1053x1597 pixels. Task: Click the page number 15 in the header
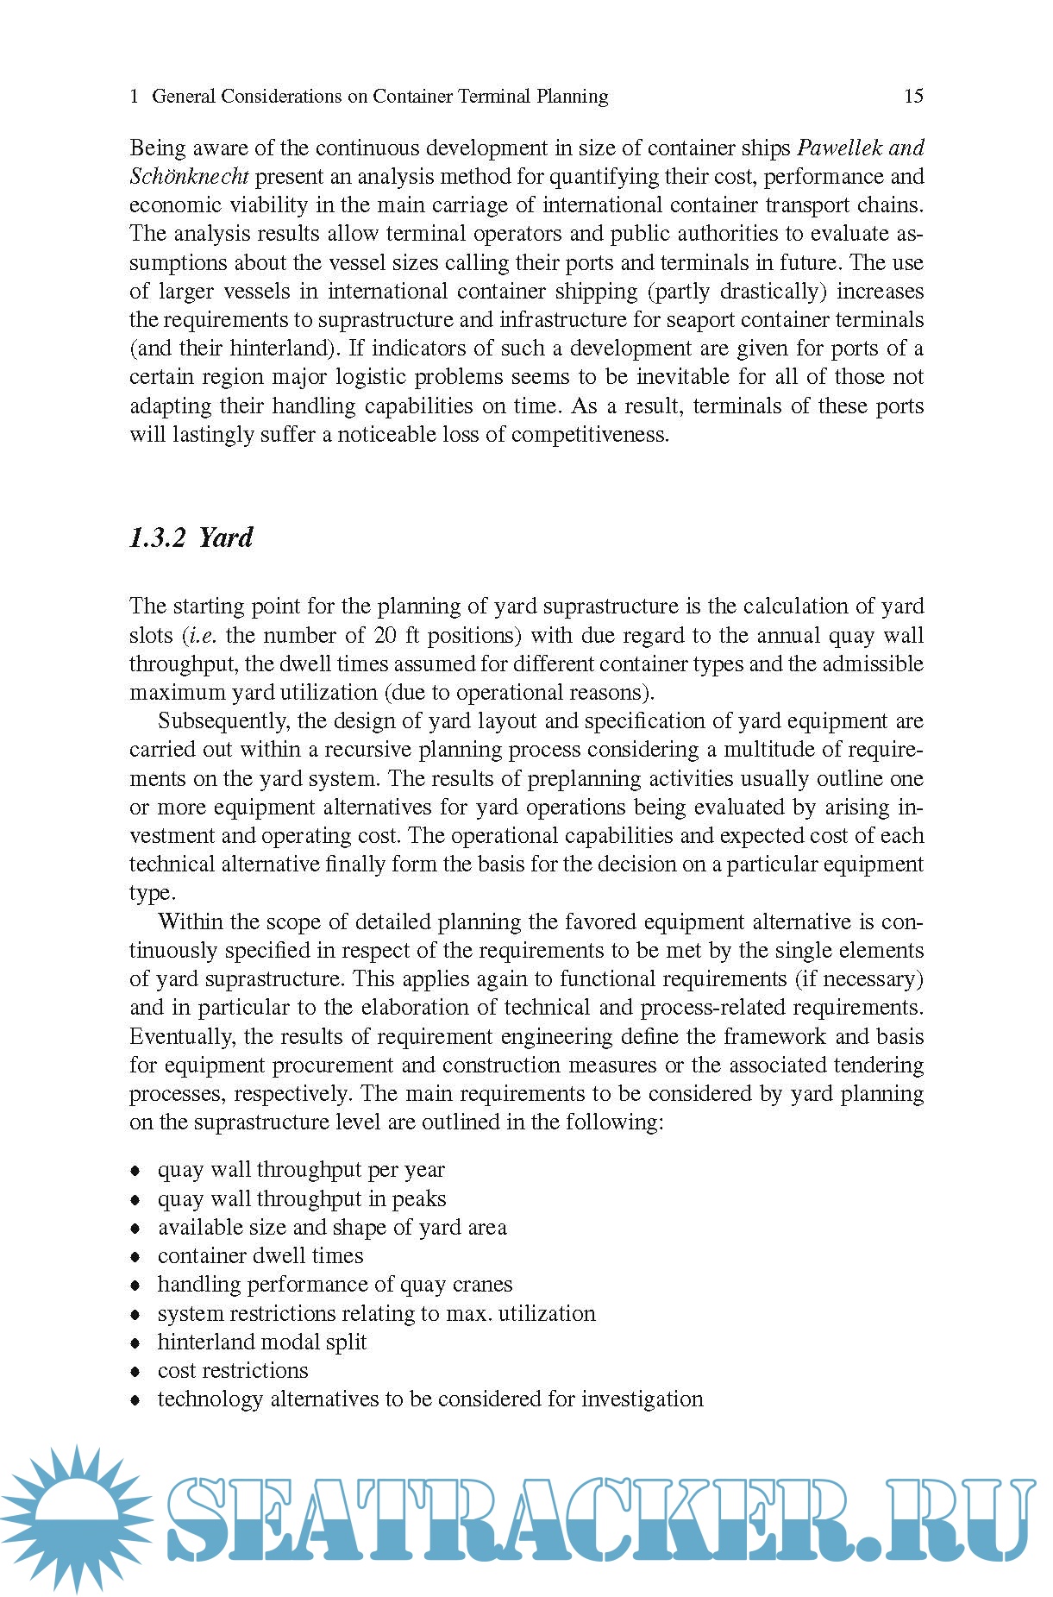[913, 96]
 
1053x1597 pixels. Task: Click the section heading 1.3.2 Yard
[191, 538]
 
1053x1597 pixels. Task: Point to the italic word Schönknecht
[189, 177]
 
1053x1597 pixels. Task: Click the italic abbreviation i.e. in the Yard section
[202, 636]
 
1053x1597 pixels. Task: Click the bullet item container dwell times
[260, 1256]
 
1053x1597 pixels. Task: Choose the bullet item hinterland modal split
[261, 1342]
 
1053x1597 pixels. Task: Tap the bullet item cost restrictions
[232, 1371]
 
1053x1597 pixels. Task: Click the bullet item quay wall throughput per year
[300, 1171]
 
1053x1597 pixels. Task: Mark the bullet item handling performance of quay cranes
[335, 1285]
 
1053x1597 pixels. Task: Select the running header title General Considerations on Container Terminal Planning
[379, 97]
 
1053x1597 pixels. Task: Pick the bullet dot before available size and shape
[135, 1229]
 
